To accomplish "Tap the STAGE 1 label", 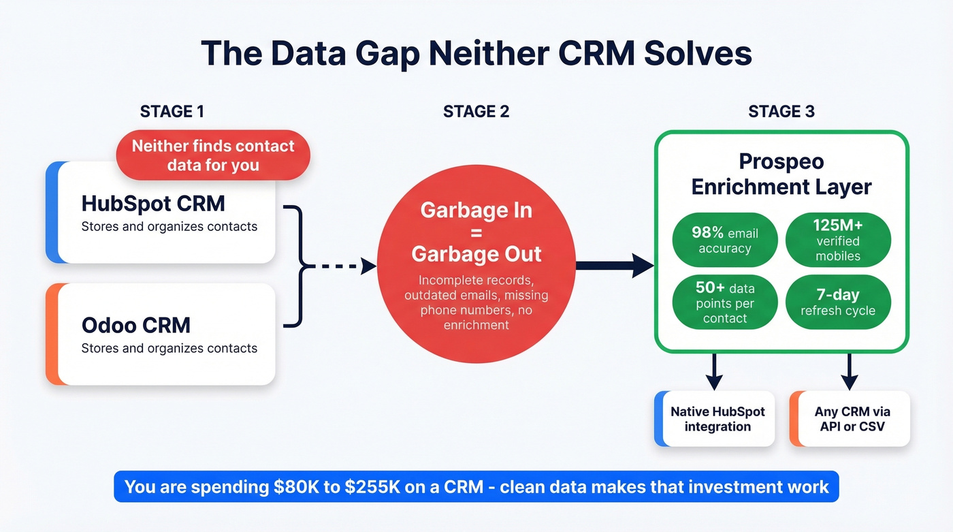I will click(x=172, y=112).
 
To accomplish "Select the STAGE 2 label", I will click(x=476, y=112).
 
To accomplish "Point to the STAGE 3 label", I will click(x=781, y=112).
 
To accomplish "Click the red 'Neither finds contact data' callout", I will click(x=213, y=155).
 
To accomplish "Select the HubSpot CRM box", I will click(x=163, y=215).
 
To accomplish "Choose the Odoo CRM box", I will click(x=163, y=335).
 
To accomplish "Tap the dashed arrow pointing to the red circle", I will click(x=340, y=266).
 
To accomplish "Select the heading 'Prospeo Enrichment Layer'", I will click(x=781, y=174).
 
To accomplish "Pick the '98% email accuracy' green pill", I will click(x=724, y=240).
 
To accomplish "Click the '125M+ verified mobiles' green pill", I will click(x=837, y=240).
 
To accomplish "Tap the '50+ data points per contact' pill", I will click(x=724, y=302).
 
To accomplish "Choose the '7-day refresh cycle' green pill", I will click(x=837, y=302).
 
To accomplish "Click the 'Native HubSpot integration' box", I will click(x=717, y=419).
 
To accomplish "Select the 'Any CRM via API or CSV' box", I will click(x=852, y=419).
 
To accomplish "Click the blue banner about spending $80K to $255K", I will click(x=476, y=486).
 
